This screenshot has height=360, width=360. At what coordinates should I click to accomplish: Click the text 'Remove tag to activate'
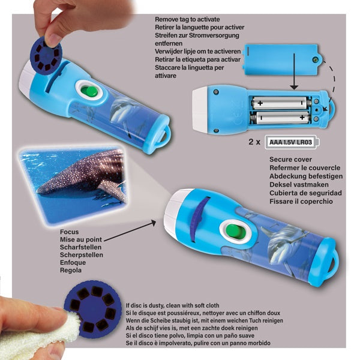tap(187, 19)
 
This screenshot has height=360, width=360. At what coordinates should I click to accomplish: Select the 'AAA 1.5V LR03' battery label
tap(290, 142)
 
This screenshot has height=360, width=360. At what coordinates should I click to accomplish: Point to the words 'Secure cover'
tap(290, 160)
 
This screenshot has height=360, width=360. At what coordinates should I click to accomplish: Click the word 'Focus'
tap(70, 232)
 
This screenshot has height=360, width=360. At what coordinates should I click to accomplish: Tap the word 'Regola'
tap(71, 270)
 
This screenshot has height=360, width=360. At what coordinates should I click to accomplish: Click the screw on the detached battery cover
tap(316, 59)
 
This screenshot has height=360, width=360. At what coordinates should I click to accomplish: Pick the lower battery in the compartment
tap(281, 118)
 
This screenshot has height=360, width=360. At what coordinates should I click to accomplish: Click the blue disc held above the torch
tap(46, 55)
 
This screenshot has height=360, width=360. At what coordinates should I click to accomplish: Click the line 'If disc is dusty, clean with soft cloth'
tap(172, 305)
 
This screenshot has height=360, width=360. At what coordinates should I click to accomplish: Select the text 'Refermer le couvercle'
tap(305, 168)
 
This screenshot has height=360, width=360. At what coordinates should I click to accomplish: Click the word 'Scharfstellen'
tap(80, 247)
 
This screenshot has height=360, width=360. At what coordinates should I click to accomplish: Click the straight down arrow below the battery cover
tap(294, 71)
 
